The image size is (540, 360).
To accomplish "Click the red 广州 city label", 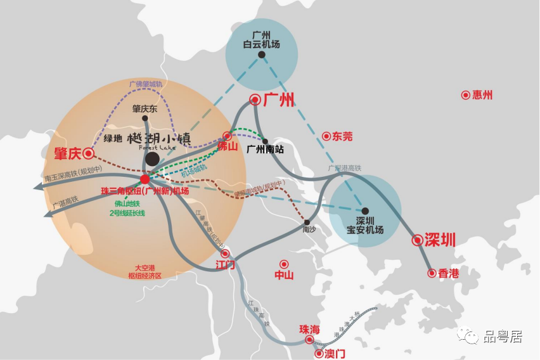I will point(278,100).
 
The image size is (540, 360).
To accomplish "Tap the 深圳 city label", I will point(440,240).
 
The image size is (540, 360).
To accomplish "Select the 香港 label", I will point(448,273).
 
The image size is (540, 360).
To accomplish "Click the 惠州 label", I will point(482,95).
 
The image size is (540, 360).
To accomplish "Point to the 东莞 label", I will point(342,136).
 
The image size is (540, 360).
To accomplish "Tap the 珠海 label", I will point(310,330).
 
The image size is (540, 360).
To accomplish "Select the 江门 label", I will point(225,264).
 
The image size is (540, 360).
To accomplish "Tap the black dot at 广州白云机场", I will point(261,55).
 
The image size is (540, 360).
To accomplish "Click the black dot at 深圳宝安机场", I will point(365,211).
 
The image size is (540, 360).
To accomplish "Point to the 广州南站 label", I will point(265,150).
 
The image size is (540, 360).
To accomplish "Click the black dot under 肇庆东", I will point(145,118).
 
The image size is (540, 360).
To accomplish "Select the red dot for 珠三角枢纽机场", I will point(145,179).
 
